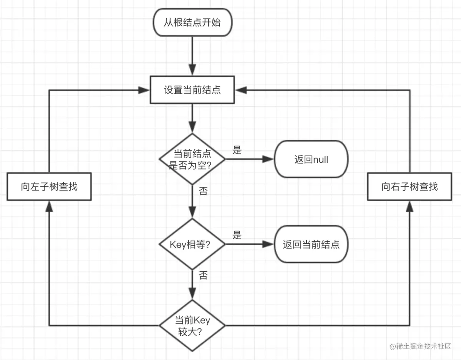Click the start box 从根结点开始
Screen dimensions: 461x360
point(192,22)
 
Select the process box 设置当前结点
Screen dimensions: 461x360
point(192,90)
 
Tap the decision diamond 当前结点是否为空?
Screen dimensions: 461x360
point(192,159)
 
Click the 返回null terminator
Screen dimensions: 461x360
point(311,159)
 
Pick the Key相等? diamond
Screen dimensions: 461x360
point(192,244)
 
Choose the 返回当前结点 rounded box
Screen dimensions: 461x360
point(311,244)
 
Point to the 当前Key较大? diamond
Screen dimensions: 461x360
point(192,325)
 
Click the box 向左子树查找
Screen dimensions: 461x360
point(49,187)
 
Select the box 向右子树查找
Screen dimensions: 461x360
point(410,187)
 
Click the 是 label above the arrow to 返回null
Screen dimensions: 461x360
point(237,150)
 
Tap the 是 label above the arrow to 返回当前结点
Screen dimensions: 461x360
point(237,235)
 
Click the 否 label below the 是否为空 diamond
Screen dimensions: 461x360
point(203,191)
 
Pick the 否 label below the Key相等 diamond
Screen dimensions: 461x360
point(203,275)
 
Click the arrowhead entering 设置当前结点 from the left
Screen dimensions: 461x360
point(144,90)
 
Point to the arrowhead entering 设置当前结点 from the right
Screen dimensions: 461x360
point(241,90)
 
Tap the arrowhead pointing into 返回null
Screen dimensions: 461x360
point(268,159)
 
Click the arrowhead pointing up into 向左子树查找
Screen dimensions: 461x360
point(49,206)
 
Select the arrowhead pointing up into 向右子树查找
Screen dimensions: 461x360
point(410,206)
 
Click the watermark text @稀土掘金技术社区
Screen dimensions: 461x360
point(420,346)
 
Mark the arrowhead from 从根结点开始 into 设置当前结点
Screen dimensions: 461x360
point(192,70)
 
